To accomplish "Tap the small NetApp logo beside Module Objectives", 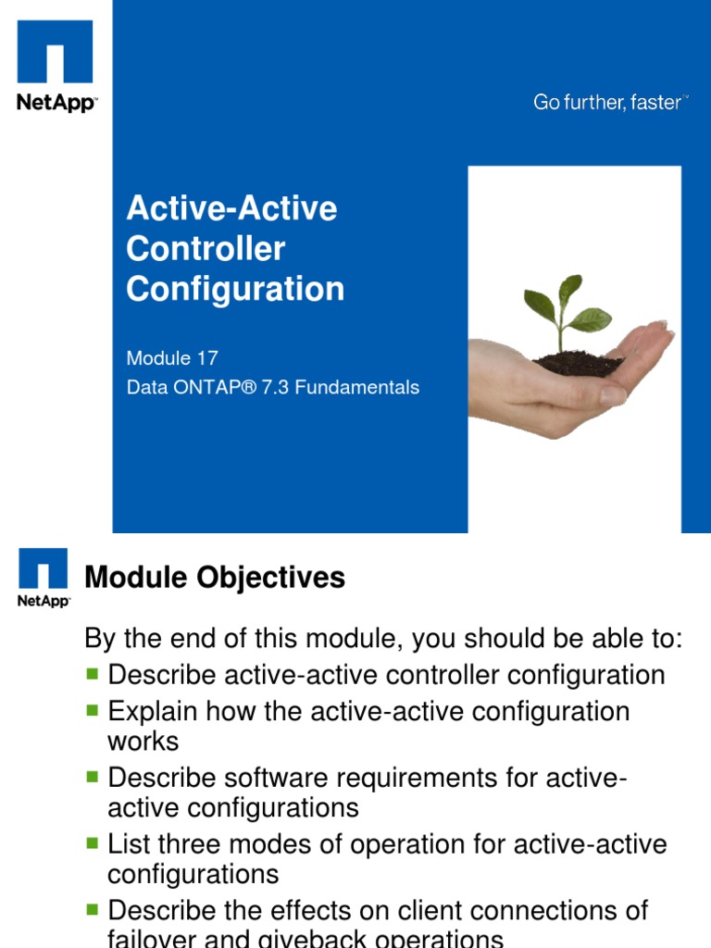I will pos(43,577).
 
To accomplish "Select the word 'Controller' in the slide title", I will pos(206,248).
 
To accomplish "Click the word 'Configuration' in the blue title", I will pos(235,289).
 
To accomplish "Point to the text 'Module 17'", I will pos(172,357).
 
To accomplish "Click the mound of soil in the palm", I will pos(578,362).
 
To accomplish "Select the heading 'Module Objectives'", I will pos(215,578).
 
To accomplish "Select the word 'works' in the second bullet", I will pos(143,742).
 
